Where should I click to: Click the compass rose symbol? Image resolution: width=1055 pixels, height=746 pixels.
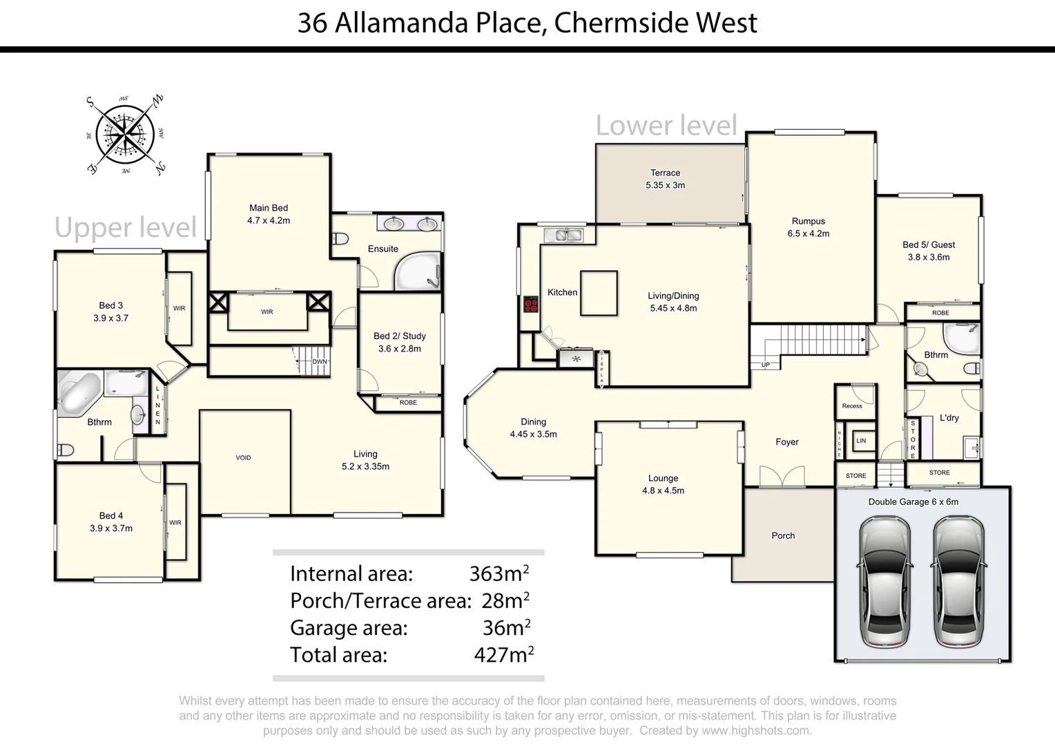pos(126,135)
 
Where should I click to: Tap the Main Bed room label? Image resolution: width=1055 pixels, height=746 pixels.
pos(269,214)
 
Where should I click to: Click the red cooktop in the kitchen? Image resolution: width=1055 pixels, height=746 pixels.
pos(530,304)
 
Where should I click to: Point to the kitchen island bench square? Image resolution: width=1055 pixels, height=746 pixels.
pos(598,293)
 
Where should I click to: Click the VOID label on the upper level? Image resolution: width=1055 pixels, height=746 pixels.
pos(243,458)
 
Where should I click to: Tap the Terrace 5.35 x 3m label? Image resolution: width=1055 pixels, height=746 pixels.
pos(665,179)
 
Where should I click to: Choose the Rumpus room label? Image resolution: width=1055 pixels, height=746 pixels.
pos(808,227)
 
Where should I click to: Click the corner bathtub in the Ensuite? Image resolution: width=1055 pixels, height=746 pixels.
pos(416,273)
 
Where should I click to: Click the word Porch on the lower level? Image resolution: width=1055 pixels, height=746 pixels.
pos(783,535)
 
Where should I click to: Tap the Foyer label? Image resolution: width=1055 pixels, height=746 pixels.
pos(786,442)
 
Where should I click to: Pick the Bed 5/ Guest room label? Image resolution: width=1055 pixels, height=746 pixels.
pos(929,251)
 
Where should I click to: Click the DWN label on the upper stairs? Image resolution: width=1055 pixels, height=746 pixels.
pos(319,362)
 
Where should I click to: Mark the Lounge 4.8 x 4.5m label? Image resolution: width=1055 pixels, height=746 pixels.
pos(663,484)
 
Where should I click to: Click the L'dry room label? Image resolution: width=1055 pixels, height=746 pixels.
pos(949,418)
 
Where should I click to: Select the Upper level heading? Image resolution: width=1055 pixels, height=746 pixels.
pos(126,228)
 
